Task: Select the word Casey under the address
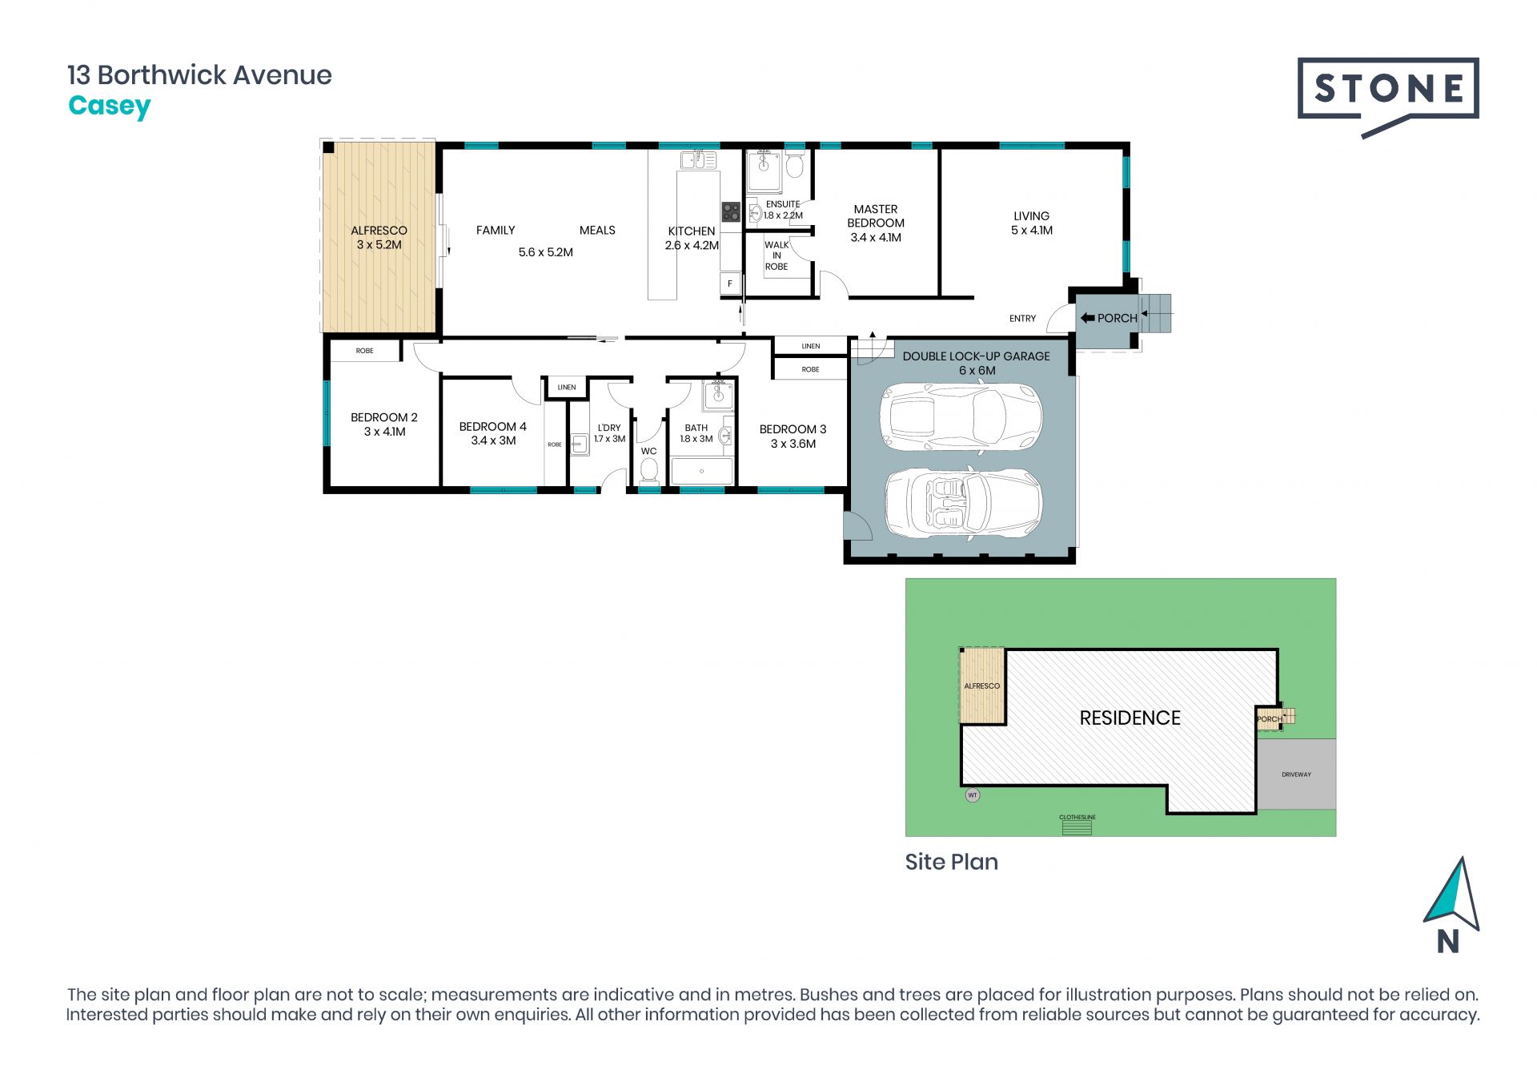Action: coord(110,107)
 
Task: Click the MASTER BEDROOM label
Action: coord(876,216)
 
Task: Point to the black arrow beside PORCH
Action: coord(1087,318)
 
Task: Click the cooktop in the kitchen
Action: coord(731,211)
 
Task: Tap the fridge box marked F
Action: coord(729,284)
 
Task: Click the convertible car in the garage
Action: coord(963,502)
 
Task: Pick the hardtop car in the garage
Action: coord(961,417)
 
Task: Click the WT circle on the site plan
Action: coord(973,795)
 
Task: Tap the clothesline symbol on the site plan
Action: coord(1077,827)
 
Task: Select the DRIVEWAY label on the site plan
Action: coord(1296,774)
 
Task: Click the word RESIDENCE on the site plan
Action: coord(1130,718)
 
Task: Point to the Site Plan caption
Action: coord(951,862)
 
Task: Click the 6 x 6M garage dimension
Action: coord(977,371)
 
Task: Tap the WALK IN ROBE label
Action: coord(777,255)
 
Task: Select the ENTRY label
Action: coord(1022,319)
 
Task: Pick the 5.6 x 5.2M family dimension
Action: coord(545,252)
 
